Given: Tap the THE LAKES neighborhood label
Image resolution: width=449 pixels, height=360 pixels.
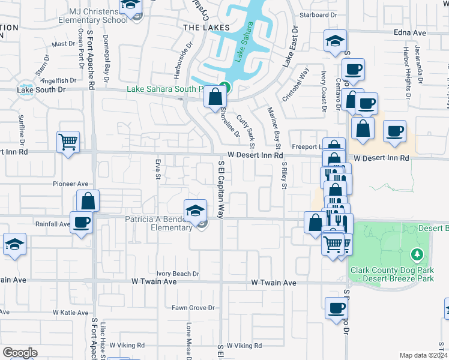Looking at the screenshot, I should tap(206, 28).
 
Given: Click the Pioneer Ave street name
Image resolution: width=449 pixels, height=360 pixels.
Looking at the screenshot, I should tap(71, 184).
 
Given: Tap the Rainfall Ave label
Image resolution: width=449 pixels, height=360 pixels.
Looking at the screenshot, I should tap(52, 224).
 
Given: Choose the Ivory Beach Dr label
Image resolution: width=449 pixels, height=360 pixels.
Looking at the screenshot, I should tap(177, 274).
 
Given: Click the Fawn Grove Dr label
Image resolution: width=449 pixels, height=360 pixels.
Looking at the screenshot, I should tap(193, 308).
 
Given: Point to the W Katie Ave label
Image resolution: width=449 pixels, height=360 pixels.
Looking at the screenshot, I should tap(71, 313).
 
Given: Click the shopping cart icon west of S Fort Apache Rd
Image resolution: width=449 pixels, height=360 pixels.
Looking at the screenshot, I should tap(68, 142).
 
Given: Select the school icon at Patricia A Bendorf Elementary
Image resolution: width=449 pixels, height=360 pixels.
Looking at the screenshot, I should tap(195, 211).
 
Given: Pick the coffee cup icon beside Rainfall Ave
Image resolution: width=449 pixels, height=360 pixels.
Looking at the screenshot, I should tap(81, 222).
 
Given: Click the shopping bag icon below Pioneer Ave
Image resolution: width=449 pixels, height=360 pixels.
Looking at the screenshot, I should tap(88, 200).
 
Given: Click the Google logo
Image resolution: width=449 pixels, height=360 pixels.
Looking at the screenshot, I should tap(20, 353).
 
